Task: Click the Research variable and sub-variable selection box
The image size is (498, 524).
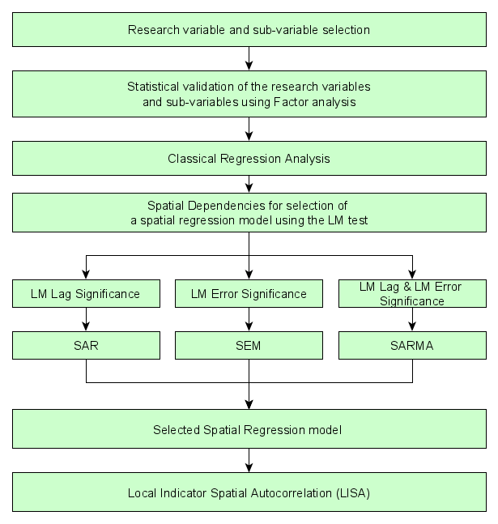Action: (249, 30)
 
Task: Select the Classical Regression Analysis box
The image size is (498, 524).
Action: (249, 159)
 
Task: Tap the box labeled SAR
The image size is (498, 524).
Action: (86, 346)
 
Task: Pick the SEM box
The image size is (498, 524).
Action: (249, 346)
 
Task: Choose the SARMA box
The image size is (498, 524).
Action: (412, 346)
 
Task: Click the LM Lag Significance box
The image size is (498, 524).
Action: (86, 293)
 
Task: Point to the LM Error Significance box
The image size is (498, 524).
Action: (249, 293)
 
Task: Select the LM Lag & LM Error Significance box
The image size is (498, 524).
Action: (412, 293)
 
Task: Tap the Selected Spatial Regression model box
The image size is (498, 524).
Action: (249, 429)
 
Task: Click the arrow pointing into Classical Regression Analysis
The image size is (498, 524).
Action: (249, 130)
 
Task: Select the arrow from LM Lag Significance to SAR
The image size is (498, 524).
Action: (86, 320)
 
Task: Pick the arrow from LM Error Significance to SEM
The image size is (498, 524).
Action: (249, 320)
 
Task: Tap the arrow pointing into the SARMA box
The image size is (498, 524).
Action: (412, 320)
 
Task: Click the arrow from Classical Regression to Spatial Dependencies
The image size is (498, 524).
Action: (249, 185)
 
